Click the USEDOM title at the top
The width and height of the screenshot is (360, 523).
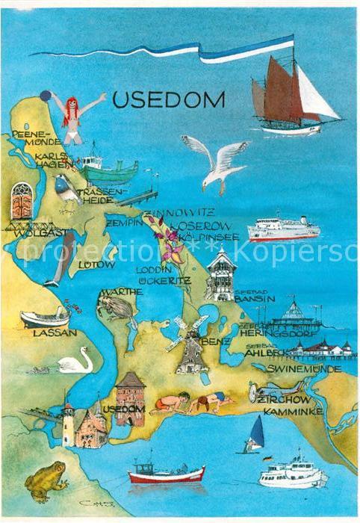point(168,99)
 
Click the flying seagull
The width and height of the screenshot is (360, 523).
point(217,162)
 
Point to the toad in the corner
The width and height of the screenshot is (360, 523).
point(46,479)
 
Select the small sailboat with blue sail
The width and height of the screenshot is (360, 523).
point(254,435)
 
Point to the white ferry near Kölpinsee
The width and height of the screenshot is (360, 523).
point(284,229)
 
